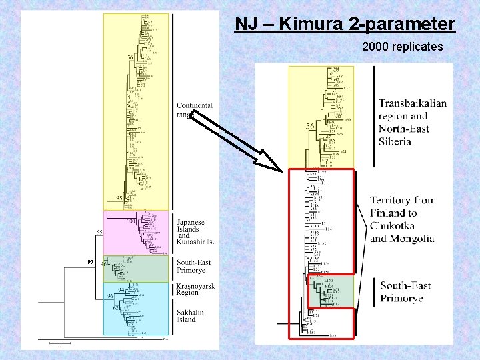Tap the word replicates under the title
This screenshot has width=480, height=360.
(x=418, y=48)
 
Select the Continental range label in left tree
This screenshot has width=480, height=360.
(x=194, y=110)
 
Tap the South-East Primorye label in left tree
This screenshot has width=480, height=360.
(x=194, y=267)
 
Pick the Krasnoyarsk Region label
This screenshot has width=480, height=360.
(x=195, y=289)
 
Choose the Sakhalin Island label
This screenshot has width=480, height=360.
(x=191, y=315)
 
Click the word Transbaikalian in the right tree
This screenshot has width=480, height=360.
(x=413, y=103)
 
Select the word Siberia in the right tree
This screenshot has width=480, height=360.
(x=395, y=141)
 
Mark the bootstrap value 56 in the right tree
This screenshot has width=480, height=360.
(x=310, y=127)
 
